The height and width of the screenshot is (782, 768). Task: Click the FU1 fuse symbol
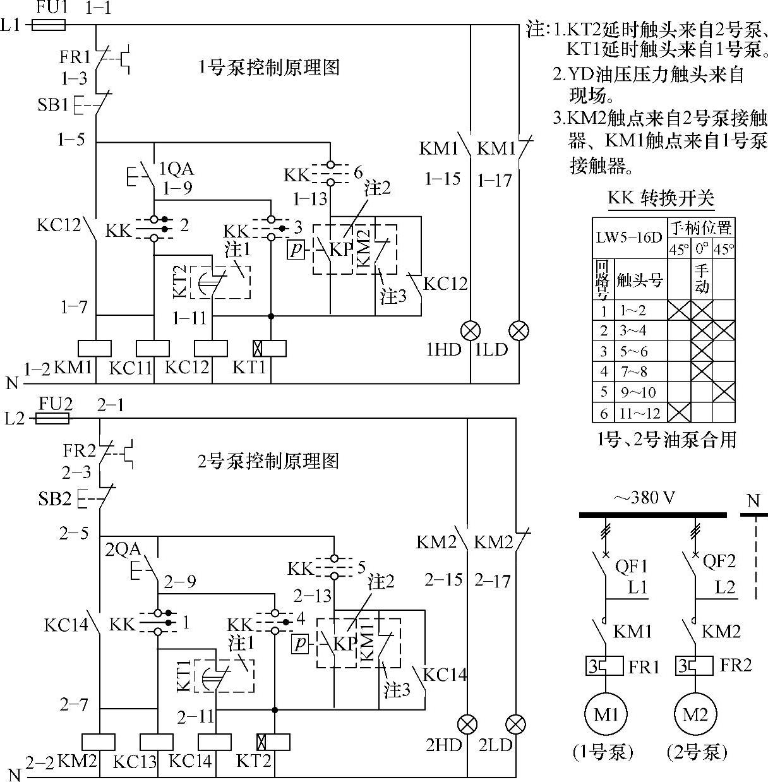tap(49, 25)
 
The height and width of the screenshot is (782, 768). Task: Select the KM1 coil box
tap(95, 349)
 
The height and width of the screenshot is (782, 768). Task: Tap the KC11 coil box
tap(153, 349)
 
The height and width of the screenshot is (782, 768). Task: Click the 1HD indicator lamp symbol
tap(471, 330)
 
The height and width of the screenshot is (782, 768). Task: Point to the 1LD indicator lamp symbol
tap(519, 330)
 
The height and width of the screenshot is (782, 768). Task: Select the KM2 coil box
tap(99, 742)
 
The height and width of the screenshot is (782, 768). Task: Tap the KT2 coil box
tap(273, 742)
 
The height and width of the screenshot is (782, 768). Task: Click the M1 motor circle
tap(606, 715)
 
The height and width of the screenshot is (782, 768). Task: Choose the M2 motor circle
tap(695, 715)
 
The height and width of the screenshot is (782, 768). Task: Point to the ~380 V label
tap(644, 498)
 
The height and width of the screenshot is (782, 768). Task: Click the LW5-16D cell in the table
tap(630, 238)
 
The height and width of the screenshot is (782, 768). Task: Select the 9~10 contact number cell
tap(640, 392)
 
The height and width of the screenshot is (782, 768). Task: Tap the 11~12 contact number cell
tap(640, 413)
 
